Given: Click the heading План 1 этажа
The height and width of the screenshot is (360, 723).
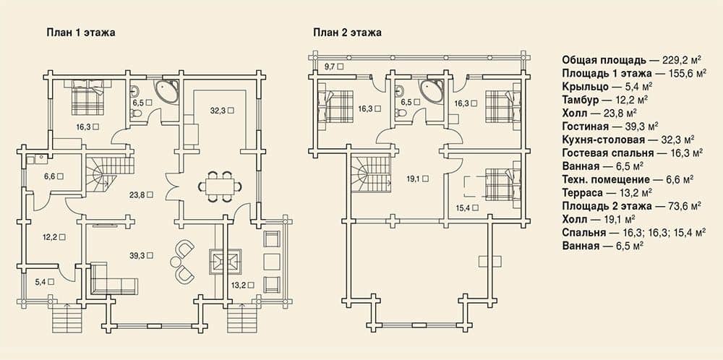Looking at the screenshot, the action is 80,33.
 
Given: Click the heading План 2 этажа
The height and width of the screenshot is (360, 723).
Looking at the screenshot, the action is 347,33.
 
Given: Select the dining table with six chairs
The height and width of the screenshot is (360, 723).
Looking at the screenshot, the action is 221,187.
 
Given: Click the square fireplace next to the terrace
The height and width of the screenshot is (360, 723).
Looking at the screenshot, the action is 226,262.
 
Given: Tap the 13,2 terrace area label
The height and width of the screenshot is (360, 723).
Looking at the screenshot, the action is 241,285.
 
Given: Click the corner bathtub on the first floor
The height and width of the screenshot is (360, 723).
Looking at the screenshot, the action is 166,91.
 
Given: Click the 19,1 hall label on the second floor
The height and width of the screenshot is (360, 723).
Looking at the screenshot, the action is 418,178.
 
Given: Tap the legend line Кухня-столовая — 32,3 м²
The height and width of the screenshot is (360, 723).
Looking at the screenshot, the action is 628,140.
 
